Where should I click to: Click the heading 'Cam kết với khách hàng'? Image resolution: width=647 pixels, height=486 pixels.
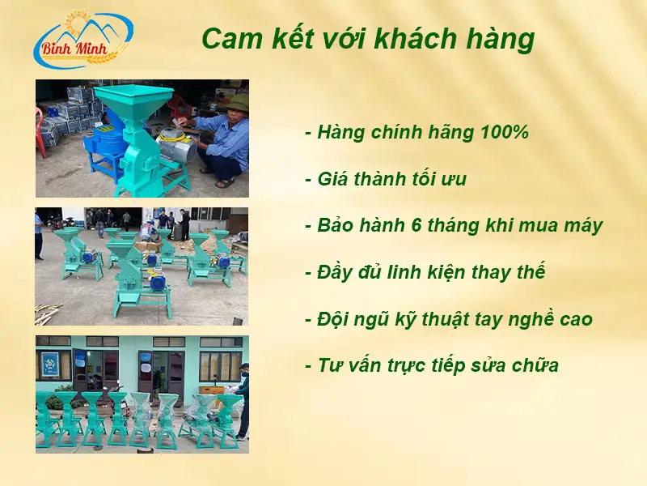tap(367, 39)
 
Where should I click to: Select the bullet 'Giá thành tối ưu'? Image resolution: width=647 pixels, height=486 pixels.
tap(386, 179)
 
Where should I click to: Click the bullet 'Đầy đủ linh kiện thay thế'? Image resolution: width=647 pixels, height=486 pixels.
tap(425, 272)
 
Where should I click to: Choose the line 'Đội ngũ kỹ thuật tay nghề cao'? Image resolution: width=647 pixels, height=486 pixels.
tap(448, 319)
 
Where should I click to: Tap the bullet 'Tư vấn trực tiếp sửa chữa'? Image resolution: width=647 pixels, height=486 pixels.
tap(432, 365)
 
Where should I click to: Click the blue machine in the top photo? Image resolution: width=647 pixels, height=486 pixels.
tap(105, 146)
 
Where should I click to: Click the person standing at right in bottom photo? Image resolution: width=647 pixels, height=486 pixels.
tap(242, 397)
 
